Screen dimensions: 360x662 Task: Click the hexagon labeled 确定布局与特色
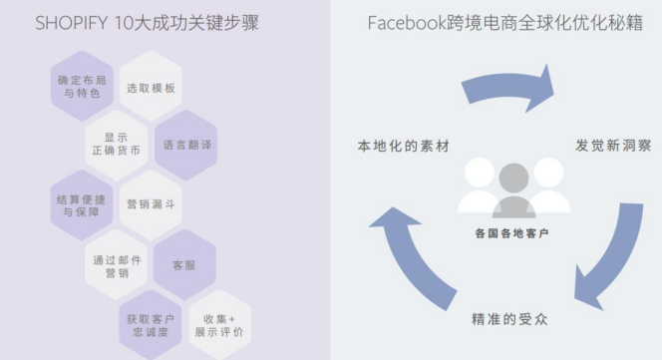point(81,87)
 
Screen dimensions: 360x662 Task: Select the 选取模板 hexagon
point(151,88)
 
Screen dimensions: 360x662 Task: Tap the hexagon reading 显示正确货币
point(116,145)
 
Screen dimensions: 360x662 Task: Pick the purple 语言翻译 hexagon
point(186,145)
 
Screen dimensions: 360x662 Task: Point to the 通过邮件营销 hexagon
point(116,265)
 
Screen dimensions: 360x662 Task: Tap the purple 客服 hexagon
point(185,265)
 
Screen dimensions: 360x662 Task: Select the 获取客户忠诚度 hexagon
point(151,324)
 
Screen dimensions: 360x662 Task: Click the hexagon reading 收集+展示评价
point(220,324)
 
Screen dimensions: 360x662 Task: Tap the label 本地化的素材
point(403,145)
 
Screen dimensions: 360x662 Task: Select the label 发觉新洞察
point(613,145)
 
